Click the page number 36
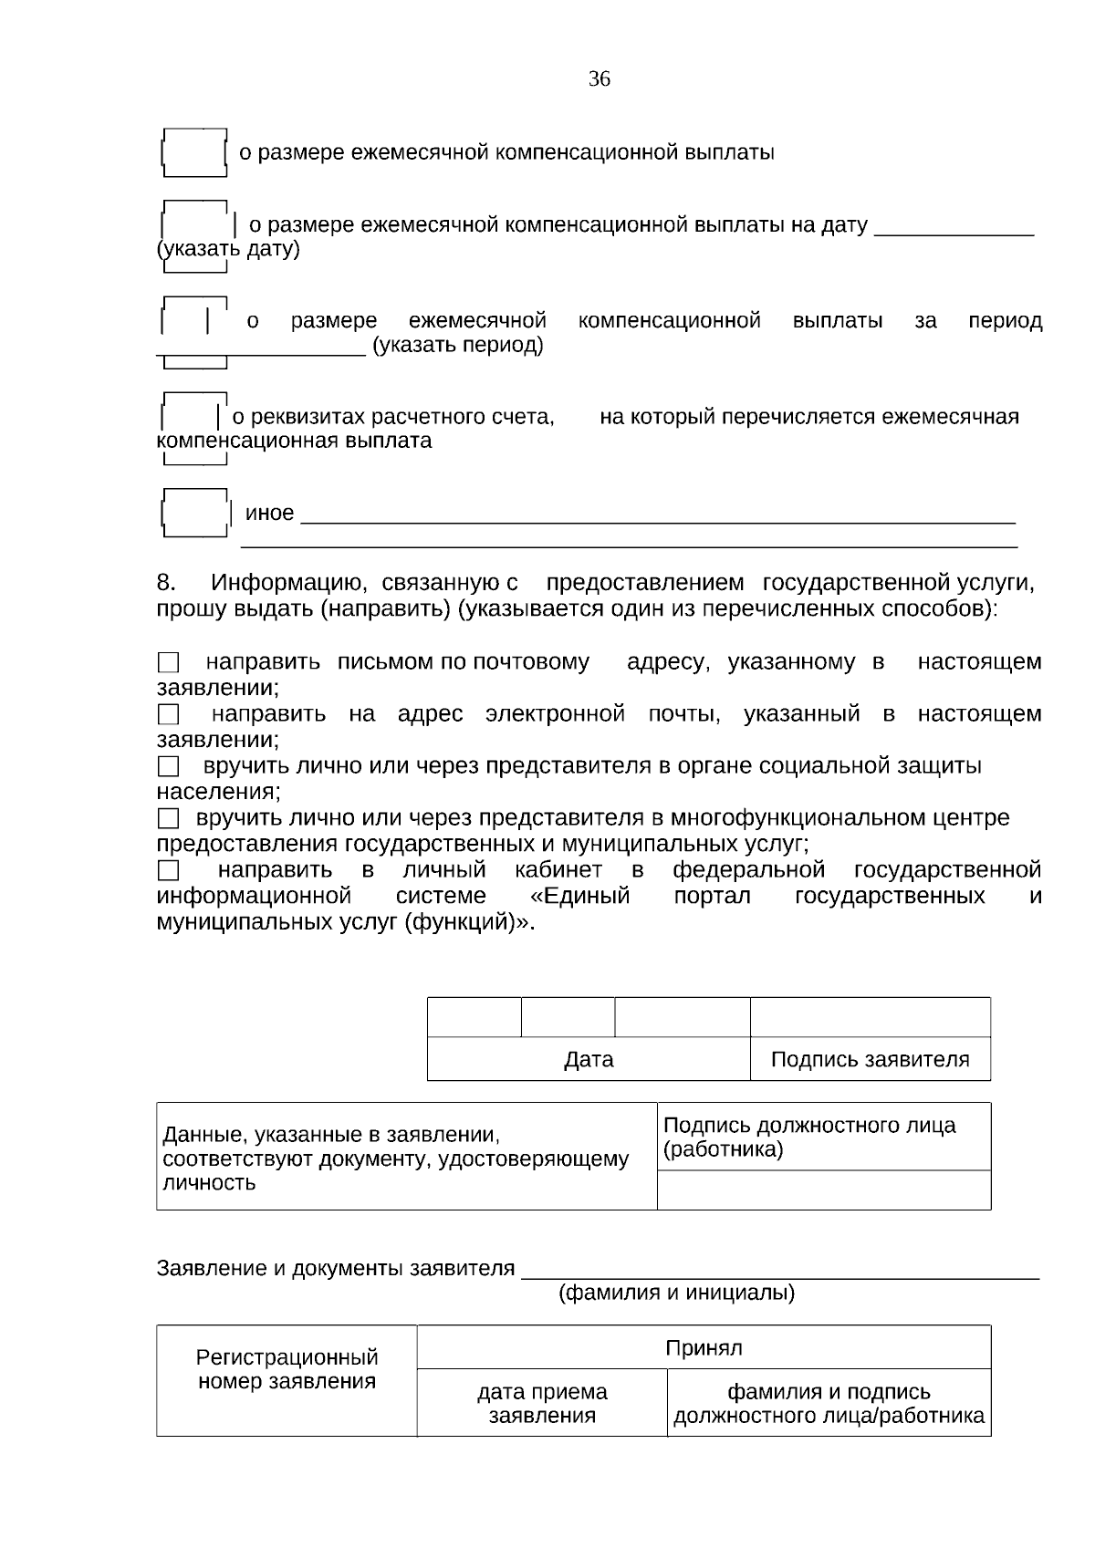(599, 79)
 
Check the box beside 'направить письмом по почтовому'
(168, 662)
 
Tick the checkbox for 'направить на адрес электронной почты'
(168, 714)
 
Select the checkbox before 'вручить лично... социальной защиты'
(168, 766)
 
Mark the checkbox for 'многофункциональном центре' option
(168, 818)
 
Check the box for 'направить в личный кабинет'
(168, 870)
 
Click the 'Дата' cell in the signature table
(589, 1059)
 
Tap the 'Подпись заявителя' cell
(870, 1059)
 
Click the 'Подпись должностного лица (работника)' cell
(823, 1137)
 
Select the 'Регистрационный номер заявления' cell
(287, 1369)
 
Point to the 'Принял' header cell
(704, 1347)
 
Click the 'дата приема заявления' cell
(542, 1403)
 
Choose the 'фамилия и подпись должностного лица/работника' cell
(829, 1403)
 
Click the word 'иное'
(269, 513)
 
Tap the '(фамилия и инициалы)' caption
(676, 1293)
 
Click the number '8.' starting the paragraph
(166, 583)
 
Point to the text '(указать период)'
(457, 346)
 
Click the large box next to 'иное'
(194, 513)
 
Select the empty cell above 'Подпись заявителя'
(870, 1017)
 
